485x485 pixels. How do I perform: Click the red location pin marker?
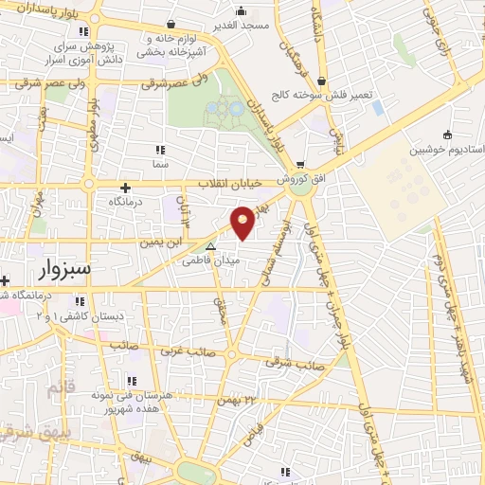[244, 222]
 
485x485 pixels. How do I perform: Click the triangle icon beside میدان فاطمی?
[211, 244]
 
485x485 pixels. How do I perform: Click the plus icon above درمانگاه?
[126, 187]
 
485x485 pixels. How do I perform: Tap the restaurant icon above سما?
[159, 150]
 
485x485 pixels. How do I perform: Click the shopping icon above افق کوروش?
[300, 164]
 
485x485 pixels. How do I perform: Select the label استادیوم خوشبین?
[443, 151]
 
